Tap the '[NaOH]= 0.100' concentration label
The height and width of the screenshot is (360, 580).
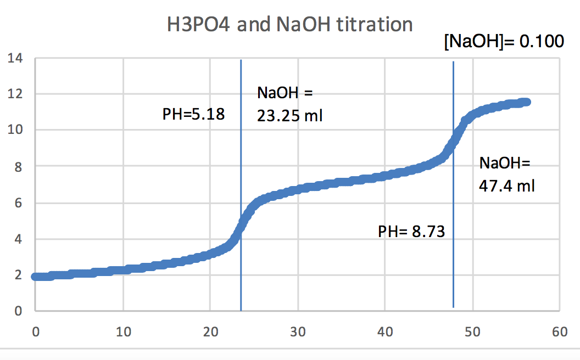pyautogui.click(x=503, y=42)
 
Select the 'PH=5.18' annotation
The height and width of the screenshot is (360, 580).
pyautogui.click(x=194, y=115)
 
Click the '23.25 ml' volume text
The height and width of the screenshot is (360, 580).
pyautogui.click(x=289, y=116)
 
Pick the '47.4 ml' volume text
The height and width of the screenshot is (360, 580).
pyautogui.click(x=507, y=186)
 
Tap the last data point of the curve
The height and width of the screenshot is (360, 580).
pyautogui.click(x=526, y=102)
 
